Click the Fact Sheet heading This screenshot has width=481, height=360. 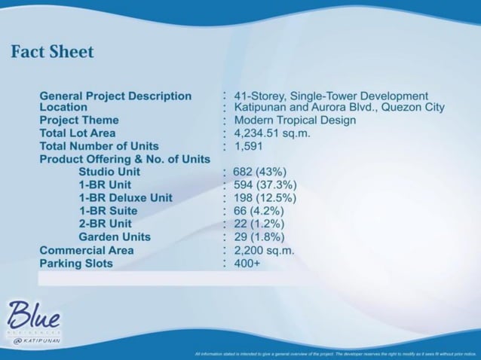coord(53,52)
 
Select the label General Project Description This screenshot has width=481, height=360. coord(115,96)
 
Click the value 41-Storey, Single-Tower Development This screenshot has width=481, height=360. coord(331,96)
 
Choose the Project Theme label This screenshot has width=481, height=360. coord(79,121)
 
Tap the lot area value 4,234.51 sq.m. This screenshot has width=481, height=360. coord(272,133)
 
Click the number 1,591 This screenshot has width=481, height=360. coord(250,146)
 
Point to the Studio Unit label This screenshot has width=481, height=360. coord(115,172)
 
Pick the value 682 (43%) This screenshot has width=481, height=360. coord(259,172)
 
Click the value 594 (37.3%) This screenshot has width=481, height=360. coord(265,185)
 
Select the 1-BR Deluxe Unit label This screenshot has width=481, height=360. coord(125,197)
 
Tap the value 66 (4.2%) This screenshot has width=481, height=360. coord(259,211)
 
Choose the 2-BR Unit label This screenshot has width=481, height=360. coord(105,224)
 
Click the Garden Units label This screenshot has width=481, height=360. coord(115,236)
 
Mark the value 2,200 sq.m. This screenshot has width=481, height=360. coord(264,250)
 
